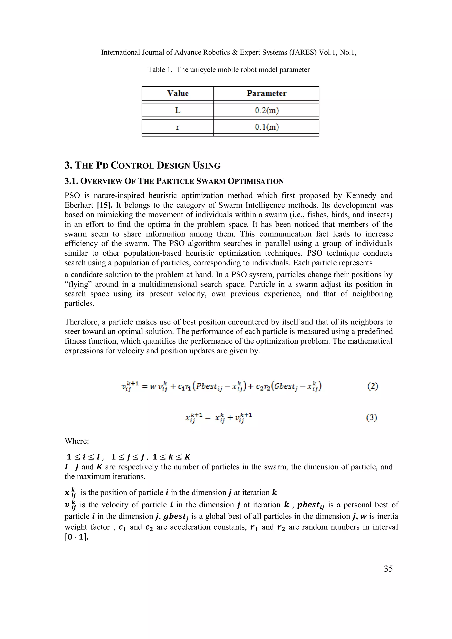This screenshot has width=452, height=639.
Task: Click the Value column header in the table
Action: (178, 93)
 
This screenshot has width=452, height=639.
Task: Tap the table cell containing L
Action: (178, 111)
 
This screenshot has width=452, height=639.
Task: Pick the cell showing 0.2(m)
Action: (267, 111)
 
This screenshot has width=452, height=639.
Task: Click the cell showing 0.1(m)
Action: (267, 127)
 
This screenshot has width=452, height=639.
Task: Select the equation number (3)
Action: (371, 418)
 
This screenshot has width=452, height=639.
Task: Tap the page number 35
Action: (388, 569)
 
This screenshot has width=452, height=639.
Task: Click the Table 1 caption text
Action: (228, 69)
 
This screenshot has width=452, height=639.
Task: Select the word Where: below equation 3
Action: (77, 441)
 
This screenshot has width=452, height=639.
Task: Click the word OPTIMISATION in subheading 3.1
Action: (255, 182)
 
